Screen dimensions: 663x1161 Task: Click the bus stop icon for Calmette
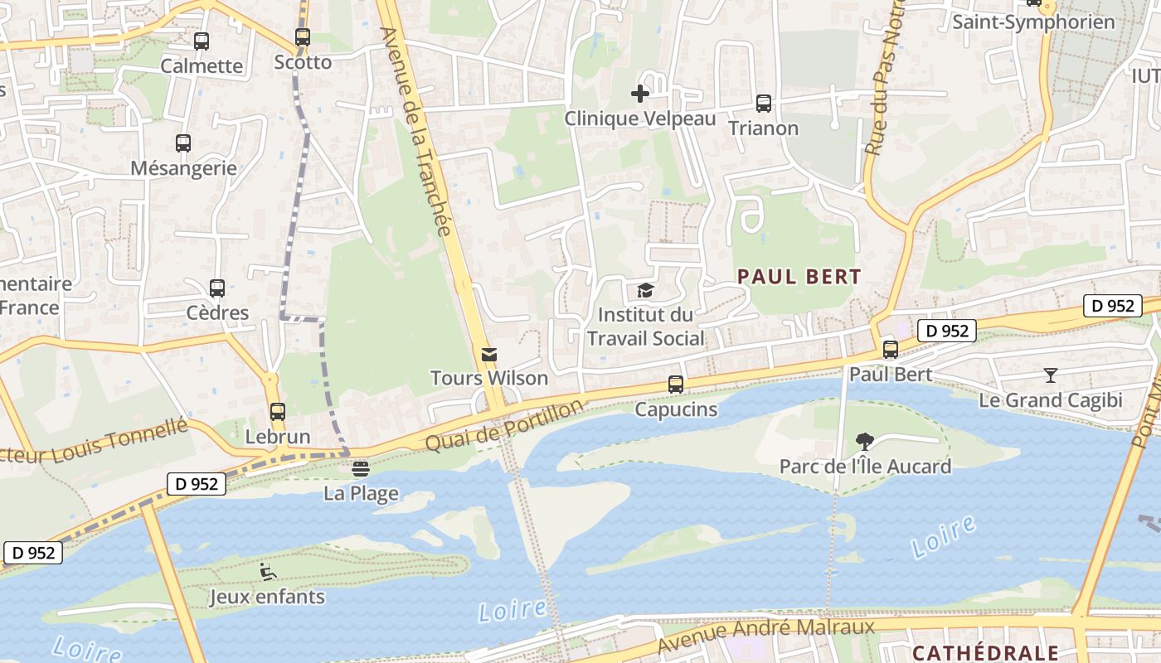202,41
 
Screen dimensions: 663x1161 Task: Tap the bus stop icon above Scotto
303,37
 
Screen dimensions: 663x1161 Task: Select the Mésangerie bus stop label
183,168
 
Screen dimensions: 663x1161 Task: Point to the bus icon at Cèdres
217,288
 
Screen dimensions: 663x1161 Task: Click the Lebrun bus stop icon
278,412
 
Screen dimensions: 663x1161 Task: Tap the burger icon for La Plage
360,468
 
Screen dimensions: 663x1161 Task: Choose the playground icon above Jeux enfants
267,572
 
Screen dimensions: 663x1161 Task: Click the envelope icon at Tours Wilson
489,355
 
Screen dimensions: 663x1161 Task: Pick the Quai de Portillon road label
504,425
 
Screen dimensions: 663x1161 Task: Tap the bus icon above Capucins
676,385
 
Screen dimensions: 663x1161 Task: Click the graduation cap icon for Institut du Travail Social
645,290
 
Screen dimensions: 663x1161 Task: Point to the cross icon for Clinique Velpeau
640,94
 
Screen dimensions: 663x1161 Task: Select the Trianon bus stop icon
764,104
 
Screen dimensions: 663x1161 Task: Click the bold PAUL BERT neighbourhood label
799,277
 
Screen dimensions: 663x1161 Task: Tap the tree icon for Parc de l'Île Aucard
865,441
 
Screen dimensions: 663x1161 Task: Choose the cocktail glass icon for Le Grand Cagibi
1051,375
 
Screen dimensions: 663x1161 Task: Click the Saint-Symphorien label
1032,22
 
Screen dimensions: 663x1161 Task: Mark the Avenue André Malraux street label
766,635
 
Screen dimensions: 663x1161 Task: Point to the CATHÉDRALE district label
985,653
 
